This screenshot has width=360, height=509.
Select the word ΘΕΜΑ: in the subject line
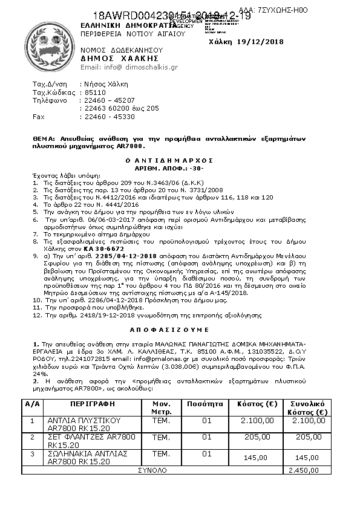click(45, 138)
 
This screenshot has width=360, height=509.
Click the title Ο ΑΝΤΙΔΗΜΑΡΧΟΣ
click(178, 161)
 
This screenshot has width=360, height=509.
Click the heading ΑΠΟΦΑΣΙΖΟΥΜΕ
click(178, 331)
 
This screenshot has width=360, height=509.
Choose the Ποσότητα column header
click(206, 403)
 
